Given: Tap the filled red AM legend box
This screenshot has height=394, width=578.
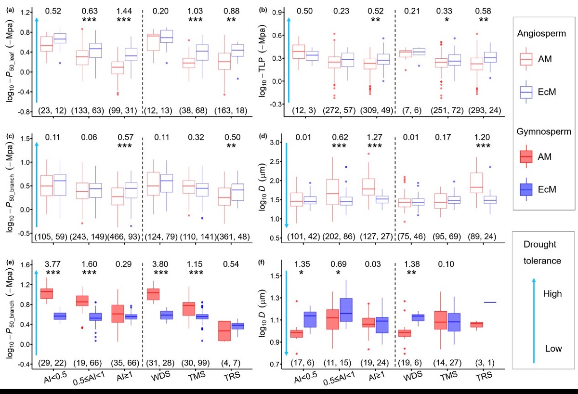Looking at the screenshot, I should tap(530, 157).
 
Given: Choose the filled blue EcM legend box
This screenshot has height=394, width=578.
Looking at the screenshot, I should tap(530, 189).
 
